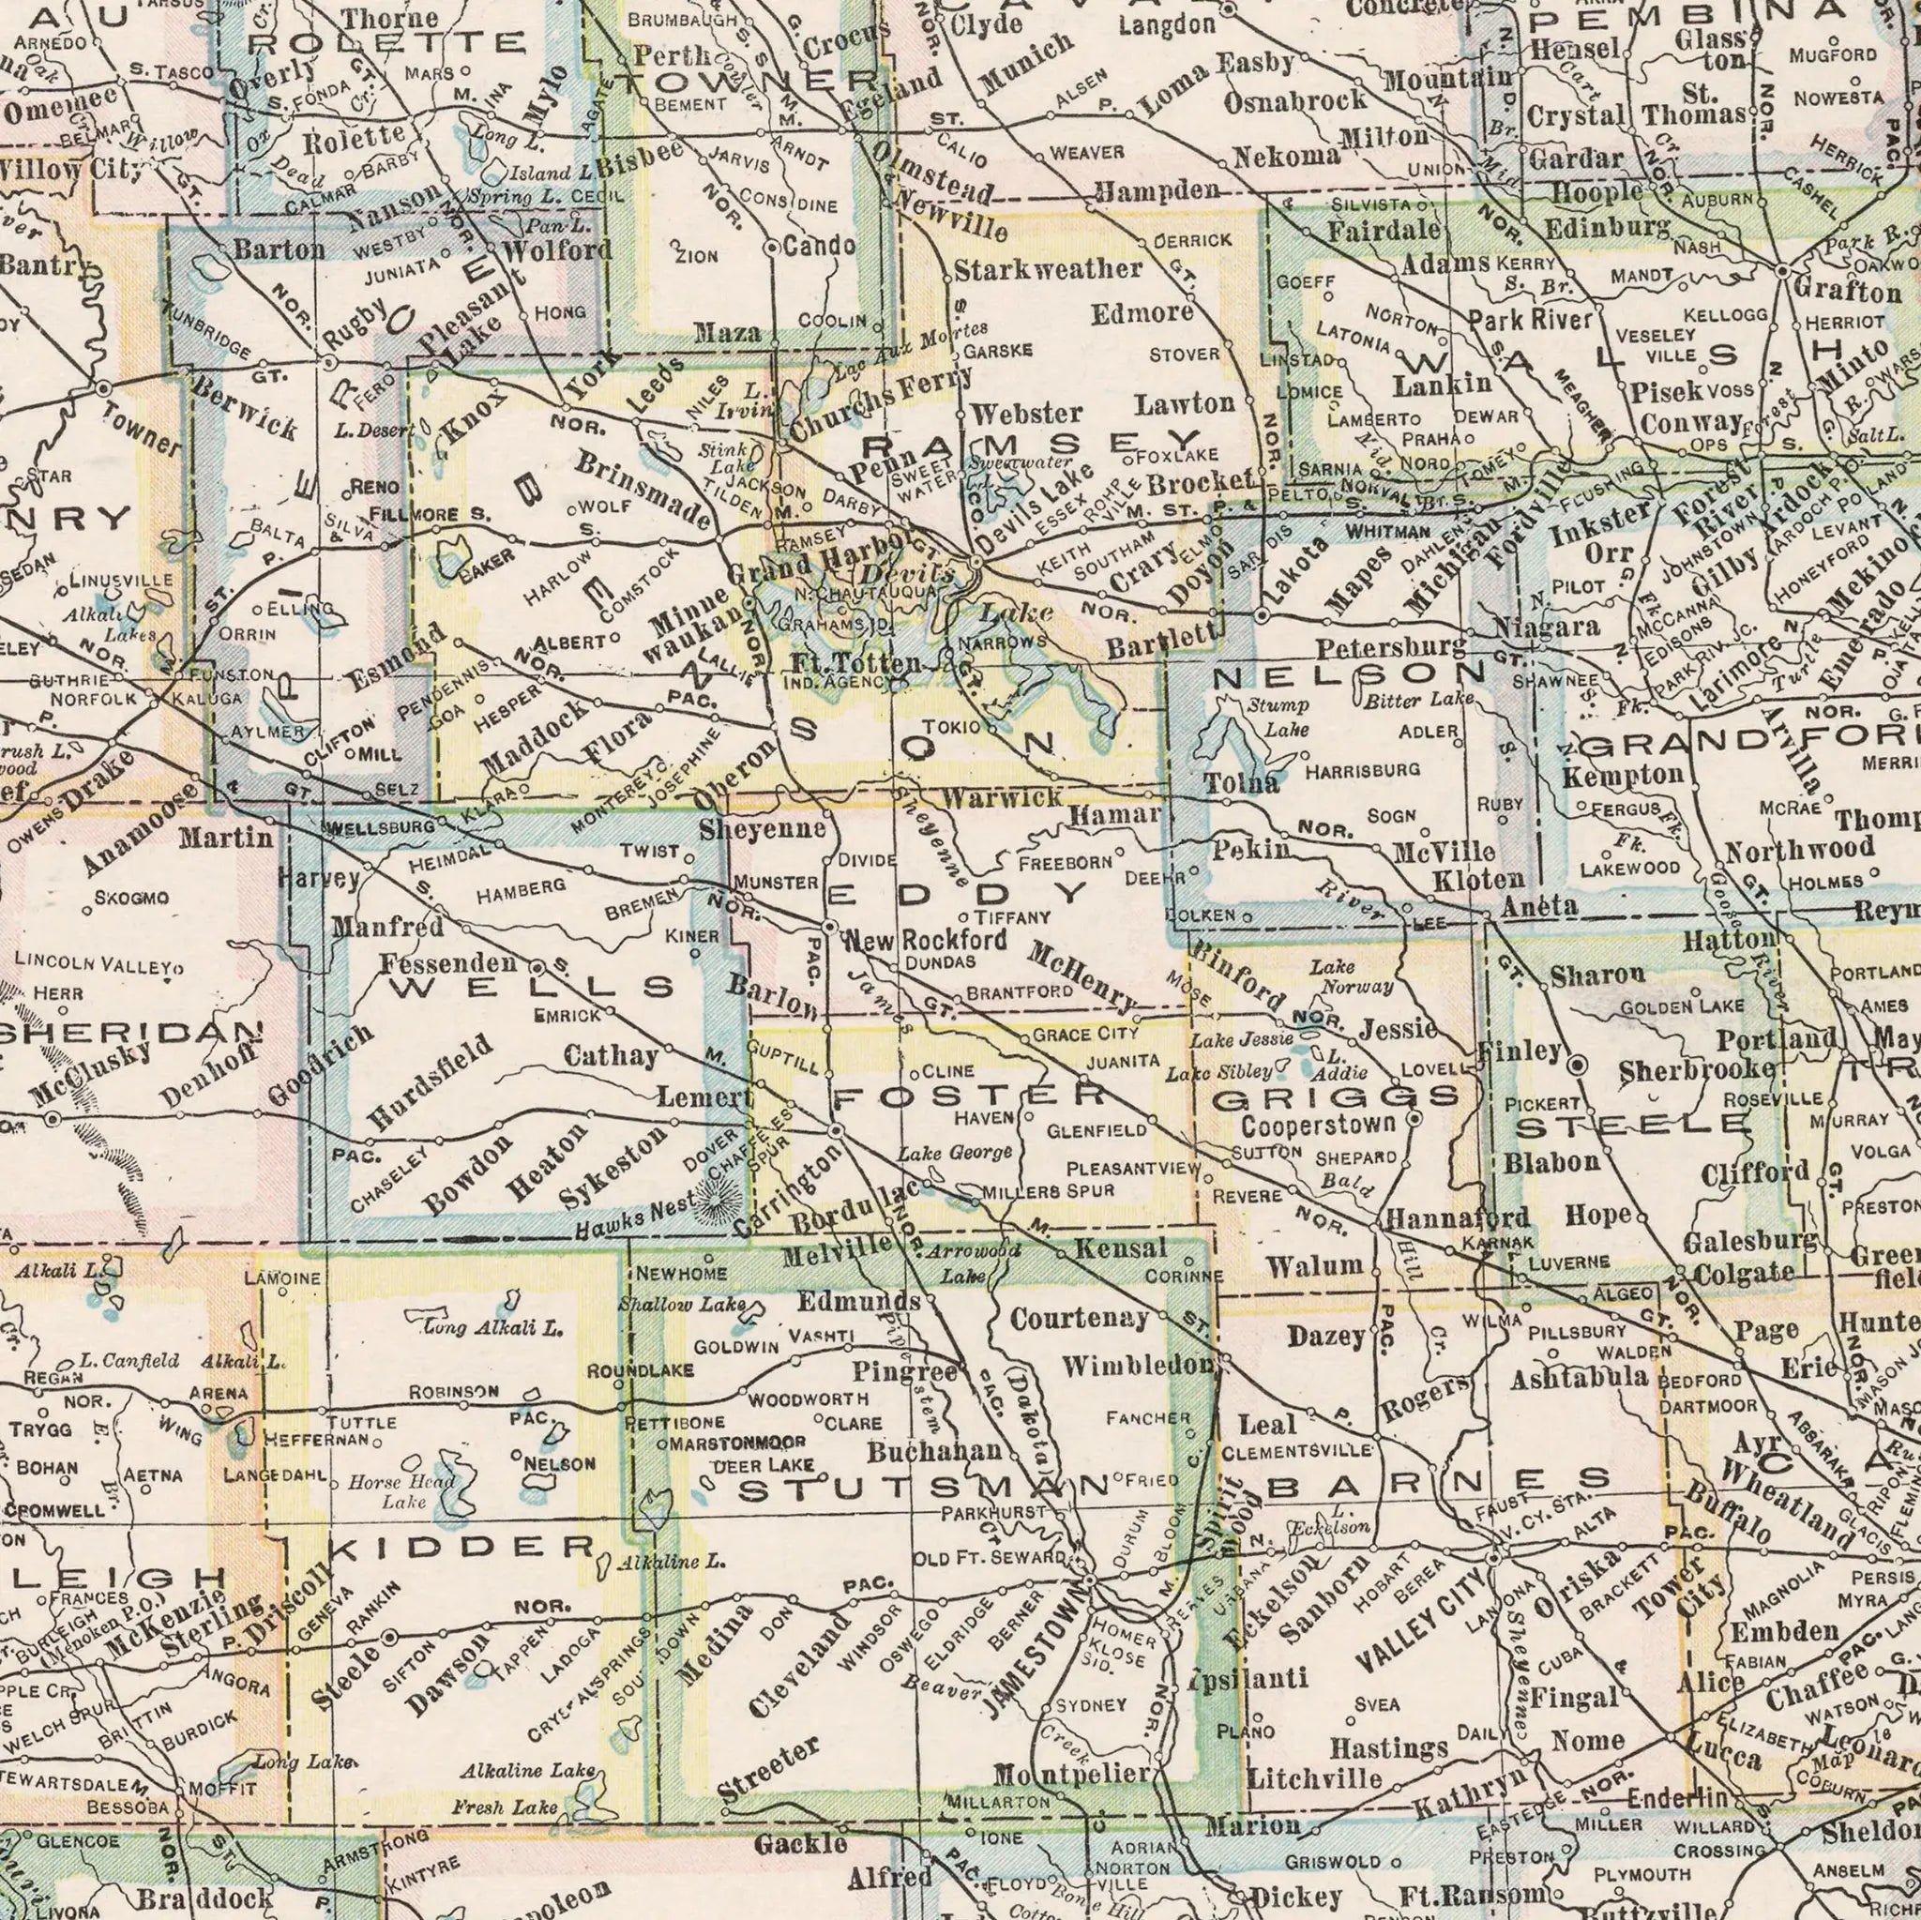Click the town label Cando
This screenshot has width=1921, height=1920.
[819, 246]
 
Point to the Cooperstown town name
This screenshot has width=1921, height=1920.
[1320, 1126]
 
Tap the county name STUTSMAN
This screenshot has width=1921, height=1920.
[924, 1490]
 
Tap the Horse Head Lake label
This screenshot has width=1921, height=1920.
[402, 1492]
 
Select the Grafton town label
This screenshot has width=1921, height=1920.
[1846, 293]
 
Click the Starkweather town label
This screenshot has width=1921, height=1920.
[1048, 268]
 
